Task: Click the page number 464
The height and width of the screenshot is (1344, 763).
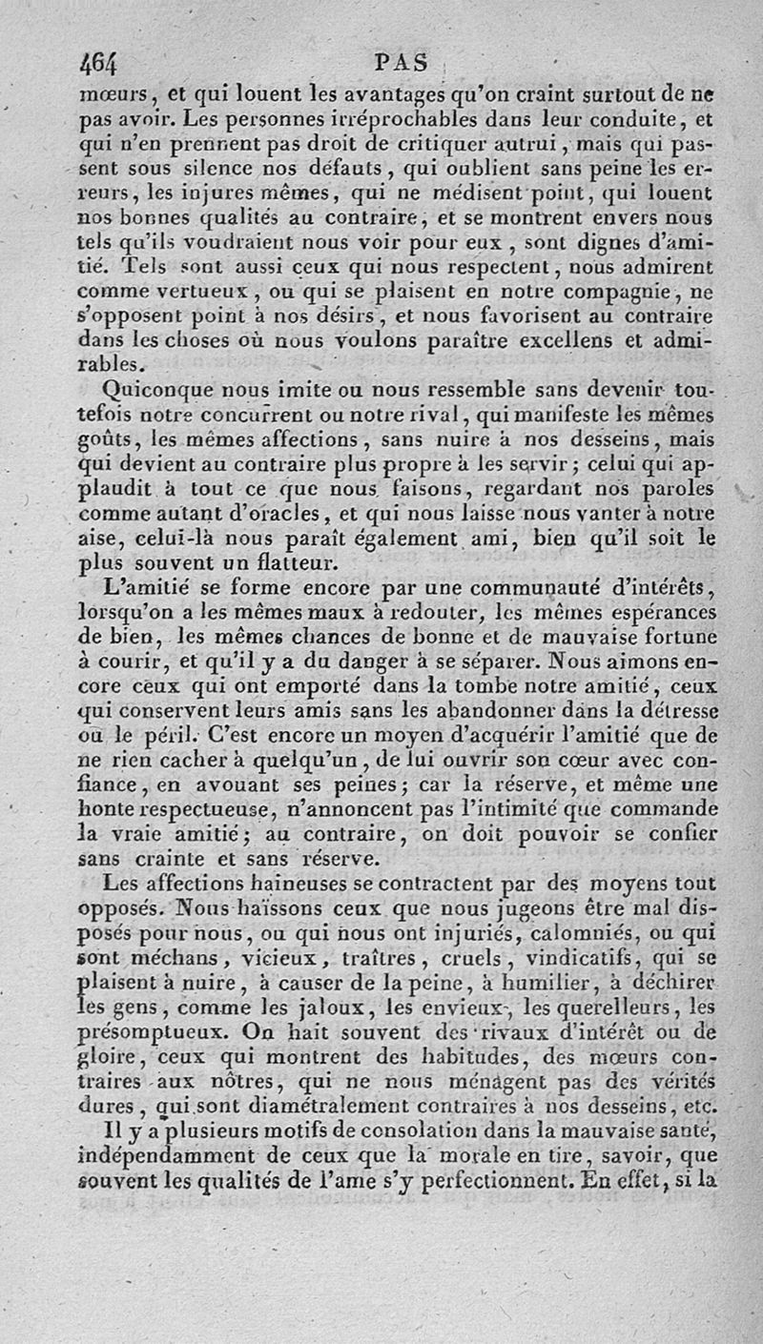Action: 98,66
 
